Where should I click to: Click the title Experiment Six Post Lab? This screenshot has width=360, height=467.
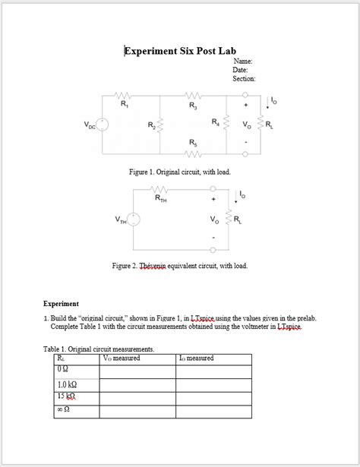[x=180, y=51]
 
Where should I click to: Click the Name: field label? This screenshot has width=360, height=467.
[x=243, y=61]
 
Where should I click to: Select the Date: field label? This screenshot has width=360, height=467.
[x=241, y=70]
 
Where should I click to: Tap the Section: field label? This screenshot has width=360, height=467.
[x=244, y=79]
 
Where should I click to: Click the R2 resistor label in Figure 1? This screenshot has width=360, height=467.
[x=151, y=125]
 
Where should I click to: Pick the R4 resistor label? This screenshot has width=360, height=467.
[x=216, y=121]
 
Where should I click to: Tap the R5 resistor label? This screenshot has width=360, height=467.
[x=193, y=142]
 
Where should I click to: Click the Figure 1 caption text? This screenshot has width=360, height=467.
[x=179, y=172]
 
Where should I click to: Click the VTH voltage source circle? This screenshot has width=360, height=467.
[x=133, y=219]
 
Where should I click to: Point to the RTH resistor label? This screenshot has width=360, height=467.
[x=161, y=199]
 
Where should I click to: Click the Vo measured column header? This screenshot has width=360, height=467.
[x=122, y=358]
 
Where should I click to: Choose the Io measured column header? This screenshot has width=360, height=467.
[x=196, y=358]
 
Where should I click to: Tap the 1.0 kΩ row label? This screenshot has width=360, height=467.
[x=68, y=384]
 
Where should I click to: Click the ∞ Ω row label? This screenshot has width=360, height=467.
[x=64, y=411]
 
